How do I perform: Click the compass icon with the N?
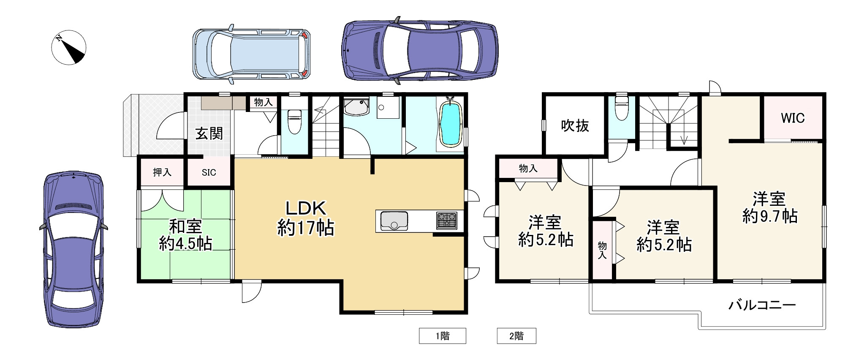pos(69,47)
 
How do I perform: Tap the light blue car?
pos(252,54)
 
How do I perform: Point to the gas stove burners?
pos(447,221)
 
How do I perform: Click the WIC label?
pos(793,118)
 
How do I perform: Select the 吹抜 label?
pos(575,125)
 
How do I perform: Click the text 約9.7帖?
pos(770,216)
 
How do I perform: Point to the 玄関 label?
pos(209,134)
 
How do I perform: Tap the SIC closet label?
pos(209,172)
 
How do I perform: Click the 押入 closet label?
pos(162,172)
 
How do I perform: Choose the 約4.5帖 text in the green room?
pos(185,244)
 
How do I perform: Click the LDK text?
pos(306,208)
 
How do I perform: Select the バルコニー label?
pos(762,305)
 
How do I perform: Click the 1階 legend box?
pos(442,336)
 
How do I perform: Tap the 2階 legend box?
pos(516,336)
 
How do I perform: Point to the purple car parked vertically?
pos(73,249)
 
